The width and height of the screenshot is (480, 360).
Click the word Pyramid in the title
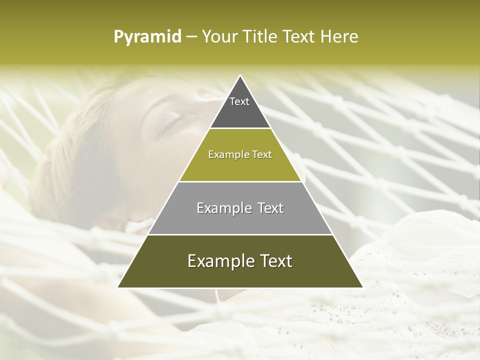[x=147, y=37]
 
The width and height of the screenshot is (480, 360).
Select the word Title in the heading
[x=260, y=37]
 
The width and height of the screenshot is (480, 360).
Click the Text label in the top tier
[x=239, y=101]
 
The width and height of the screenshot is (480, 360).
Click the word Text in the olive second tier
[x=262, y=154]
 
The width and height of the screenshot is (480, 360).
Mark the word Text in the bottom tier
[x=275, y=261]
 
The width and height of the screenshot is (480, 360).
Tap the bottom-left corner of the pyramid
[x=118, y=287]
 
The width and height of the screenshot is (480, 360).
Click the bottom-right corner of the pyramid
[x=362, y=287]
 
